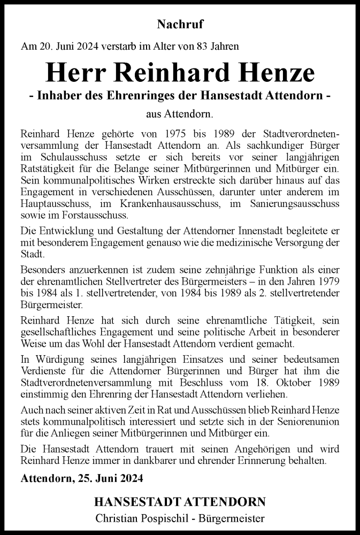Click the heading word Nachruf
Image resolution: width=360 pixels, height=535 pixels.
180,24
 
